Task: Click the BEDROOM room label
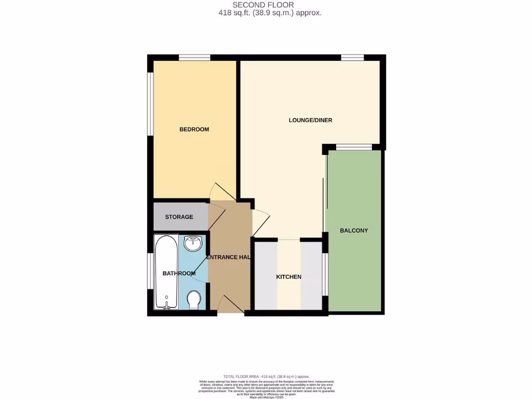[194, 129]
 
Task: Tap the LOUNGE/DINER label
[310, 121]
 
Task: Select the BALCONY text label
[354, 230]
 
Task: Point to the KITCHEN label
[288, 277]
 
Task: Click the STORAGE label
[179, 217]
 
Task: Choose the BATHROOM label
[179, 273]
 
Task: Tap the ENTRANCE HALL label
[229, 258]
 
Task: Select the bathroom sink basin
[194, 243]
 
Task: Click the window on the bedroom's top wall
[195, 58]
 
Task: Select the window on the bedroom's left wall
[150, 104]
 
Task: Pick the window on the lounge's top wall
[352, 58]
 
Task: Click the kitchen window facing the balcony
[325, 274]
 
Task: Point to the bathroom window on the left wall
[150, 270]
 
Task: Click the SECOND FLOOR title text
[270, 5]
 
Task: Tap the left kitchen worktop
[265, 276]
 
